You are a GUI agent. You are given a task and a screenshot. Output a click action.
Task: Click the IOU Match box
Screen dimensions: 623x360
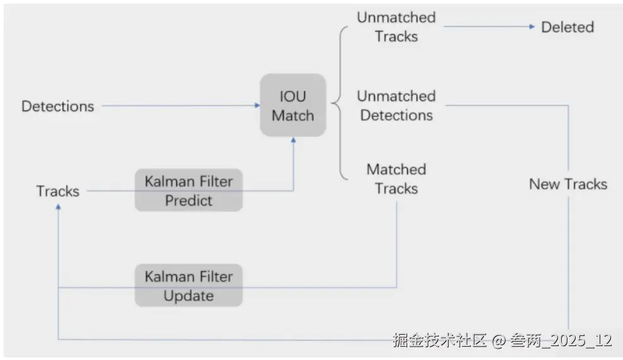[x=293, y=105]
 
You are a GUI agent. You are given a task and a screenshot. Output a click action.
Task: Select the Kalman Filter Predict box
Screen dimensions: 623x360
[x=189, y=190]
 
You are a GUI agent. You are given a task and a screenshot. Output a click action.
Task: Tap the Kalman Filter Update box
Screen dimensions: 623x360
[x=189, y=285]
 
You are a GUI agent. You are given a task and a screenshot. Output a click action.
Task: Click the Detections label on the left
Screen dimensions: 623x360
[x=57, y=106]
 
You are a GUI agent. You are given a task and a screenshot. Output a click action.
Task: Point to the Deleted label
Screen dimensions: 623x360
[x=567, y=27]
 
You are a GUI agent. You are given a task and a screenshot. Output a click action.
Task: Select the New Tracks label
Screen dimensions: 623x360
[x=568, y=184]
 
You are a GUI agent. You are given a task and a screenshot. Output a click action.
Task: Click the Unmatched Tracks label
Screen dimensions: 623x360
[x=396, y=27]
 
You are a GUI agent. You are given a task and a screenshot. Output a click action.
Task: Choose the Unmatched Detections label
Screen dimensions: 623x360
[x=396, y=105]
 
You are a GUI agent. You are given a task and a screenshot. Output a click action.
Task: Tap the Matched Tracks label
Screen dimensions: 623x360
[x=396, y=179]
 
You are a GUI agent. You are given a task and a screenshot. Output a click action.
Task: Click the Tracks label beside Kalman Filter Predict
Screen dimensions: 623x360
[x=57, y=191]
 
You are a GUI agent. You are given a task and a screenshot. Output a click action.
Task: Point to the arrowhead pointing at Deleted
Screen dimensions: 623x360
[x=532, y=27]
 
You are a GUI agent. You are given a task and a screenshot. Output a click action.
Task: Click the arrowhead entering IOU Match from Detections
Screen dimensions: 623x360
[x=257, y=105]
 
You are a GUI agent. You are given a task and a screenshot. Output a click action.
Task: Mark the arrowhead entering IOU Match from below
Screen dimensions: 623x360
[x=294, y=140]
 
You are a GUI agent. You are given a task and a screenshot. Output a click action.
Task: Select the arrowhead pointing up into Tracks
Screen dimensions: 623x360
[x=59, y=207]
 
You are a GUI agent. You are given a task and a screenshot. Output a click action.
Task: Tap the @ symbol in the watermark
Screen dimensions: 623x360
[x=498, y=341]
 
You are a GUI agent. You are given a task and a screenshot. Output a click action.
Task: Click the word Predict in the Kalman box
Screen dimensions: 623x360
[x=189, y=201]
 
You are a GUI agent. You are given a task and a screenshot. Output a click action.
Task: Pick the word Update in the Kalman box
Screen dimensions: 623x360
[x=189, y=296]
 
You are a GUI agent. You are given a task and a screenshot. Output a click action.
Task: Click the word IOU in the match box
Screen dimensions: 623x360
[x=293, y=96]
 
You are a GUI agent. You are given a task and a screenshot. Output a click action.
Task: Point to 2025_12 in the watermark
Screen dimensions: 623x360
[x=581, y=340]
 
